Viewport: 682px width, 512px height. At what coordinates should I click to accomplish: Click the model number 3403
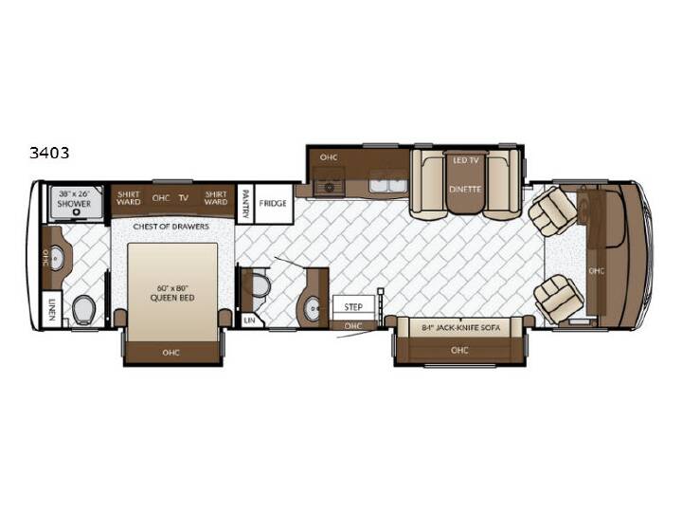coord(49,153)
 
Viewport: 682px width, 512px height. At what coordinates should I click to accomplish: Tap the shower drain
coord(77,212)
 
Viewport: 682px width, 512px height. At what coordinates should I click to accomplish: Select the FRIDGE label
coord(273,203)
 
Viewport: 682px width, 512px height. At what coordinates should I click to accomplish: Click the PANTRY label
coord(245,203)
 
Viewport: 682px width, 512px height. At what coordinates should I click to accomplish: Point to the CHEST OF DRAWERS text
coord(170,227)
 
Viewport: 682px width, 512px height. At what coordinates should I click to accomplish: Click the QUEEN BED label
coord(172,298)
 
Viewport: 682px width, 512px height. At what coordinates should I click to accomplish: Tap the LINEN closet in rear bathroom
coord(52,309)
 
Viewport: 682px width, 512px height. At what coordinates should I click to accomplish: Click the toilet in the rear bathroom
coord(83,309)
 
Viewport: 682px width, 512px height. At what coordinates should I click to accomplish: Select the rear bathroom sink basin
coord(57,258)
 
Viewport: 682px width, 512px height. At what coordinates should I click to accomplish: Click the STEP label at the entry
coord(353,307)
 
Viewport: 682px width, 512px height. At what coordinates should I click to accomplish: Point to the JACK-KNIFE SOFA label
coord(460,327)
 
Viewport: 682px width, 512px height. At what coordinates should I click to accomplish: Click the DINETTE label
coord(465,190)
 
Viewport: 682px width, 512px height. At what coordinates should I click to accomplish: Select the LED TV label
coord(465,160)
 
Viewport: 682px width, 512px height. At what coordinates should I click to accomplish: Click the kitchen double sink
coord(388,186)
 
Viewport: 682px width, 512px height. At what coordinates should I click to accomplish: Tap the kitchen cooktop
coord(329,188)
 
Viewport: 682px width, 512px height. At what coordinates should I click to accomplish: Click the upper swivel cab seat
coord(552,211)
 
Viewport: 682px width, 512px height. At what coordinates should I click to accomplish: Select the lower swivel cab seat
coord(556,299)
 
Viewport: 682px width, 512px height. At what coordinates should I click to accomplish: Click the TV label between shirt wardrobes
coord(184,197)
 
